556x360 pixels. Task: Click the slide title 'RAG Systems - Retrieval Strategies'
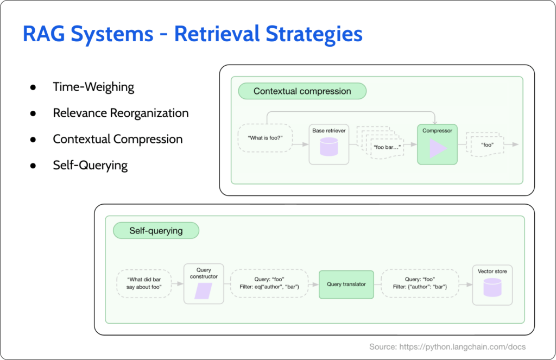pos(192,34)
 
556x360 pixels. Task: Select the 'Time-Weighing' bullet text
pos(93,87)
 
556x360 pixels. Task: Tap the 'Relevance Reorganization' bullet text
pos(121,113)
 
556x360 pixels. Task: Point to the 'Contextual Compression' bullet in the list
pos(117,139)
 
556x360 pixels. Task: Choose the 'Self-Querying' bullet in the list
pos(90,165)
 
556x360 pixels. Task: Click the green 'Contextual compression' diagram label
pos(302,91)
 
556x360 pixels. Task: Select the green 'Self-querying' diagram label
pos(156,231)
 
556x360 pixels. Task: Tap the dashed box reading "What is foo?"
pos(266,138)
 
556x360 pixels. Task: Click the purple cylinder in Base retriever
pos(329,147)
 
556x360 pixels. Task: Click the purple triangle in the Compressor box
pos(438,148)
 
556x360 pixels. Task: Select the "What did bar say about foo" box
pos(144,283)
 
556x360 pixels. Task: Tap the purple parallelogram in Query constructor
pos(204,292)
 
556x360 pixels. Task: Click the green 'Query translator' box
pos(346,284)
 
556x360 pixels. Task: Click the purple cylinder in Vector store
pos(492,288)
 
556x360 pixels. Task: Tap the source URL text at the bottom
pos(447,346)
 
